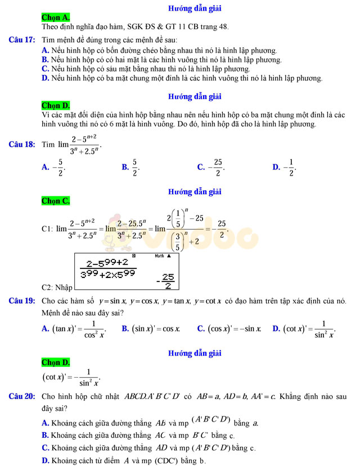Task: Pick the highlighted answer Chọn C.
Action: coord(56,200)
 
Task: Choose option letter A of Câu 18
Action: coord(45,167)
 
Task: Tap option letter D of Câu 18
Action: coord(276,167)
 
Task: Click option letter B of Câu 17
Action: coord(45,59)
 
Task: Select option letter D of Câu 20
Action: coord(45,461)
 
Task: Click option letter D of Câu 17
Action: coord(45,78)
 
